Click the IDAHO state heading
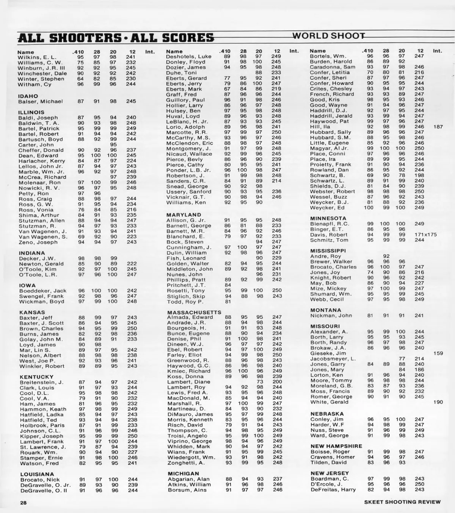[x=28, y=96]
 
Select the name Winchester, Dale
[x=42, y=73]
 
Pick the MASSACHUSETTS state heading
[x=194, y=312]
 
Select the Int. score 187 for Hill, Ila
[x=438, y=127]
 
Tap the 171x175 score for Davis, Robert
[x=425, y=234]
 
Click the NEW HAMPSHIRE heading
[x=336, y=446]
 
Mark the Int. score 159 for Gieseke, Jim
[x=438, y=353]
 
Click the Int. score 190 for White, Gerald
[x=438, y=402]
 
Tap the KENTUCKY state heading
[x=36, y=377]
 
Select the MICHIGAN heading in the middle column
[x=183, y=474]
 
